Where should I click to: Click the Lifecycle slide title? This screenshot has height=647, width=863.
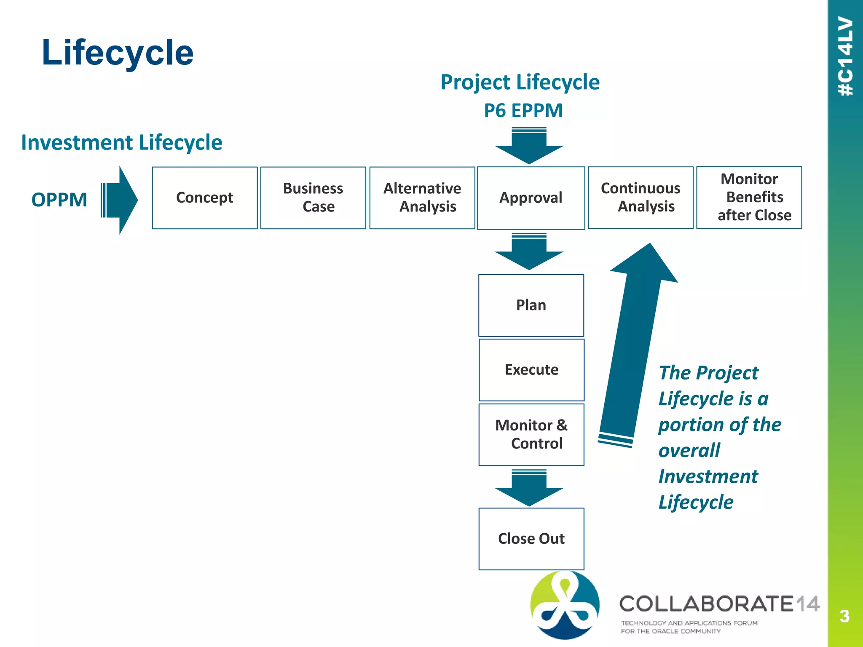pyautogui.click(x=118, y=52)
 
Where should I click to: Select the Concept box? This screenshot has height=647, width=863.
pyautogui.click(x=205, y=198)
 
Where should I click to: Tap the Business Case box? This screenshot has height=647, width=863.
pyautogui.click(x=313, y=198)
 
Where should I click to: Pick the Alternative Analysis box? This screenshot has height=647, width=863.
pyautogui.click(x=422, y=198)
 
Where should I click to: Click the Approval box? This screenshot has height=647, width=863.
pyautogui.click(x=531, y=198)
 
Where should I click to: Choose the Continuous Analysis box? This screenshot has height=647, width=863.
pyautogui.click(x=641, y=198)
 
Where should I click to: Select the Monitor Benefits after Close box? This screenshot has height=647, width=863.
pyautogui.click(x=749, y=198)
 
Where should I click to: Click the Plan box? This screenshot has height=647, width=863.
pyautogui.click(x=531, y=305)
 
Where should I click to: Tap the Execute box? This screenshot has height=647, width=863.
pyautogui.click(x=531, y=370)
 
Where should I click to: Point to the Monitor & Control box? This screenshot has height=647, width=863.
pyautogui.click(x=531, y=435)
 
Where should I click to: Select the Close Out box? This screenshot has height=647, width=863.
pyautogui.click(x=531, y=539)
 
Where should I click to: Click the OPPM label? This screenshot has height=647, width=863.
pyautogui.click(x=59, y=200)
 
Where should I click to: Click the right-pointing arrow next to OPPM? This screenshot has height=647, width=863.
pyautogui.click(x=120, y=200)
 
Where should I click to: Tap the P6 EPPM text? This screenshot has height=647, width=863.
pyautogui.click(x=523, y=111)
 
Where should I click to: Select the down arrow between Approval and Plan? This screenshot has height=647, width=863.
pyautogui.click(x=529, y=251)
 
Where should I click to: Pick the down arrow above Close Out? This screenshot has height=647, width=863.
pyautogui.click(x=529, y=488)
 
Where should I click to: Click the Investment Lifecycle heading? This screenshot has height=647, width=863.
pyautogui.click(x=122, y=142)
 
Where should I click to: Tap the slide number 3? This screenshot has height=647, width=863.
pyautogui.click(x=844, y=616)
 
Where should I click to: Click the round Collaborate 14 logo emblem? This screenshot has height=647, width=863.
pyautogui.click(x=565, y=605)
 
